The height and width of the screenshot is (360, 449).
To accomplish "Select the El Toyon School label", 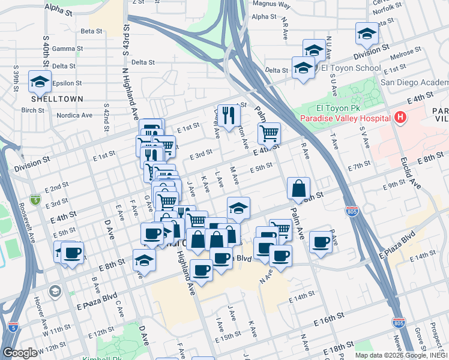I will click(351, 68).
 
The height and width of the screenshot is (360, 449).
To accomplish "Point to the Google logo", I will click(20, 353).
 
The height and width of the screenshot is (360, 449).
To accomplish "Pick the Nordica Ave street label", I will click(74, 115).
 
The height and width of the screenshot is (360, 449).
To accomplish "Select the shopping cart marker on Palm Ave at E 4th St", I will click(269, 133).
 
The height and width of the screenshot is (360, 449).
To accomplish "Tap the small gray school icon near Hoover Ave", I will click(55, 291).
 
